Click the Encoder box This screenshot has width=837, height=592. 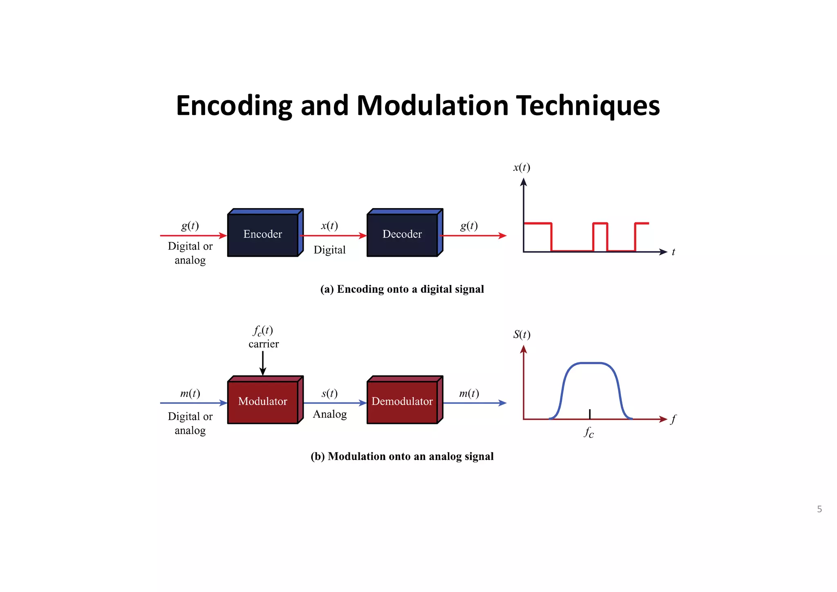point(263,234)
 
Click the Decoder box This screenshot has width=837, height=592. point(402,234)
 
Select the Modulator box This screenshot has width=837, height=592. point(263,401)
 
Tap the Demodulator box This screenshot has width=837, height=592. point(402,401)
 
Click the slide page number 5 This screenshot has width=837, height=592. point(819,509)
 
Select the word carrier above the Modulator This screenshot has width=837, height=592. point(264,344)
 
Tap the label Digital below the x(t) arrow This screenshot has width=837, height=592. point(329,250)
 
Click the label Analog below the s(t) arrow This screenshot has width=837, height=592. point(330,414)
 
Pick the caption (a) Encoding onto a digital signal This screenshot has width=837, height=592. point(402,289)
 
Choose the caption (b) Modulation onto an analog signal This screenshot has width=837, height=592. point(402,456)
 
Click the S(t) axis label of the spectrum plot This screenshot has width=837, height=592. point(522,335)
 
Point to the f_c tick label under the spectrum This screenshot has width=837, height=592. point(589,432)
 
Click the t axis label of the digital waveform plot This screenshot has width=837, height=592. point(674,252)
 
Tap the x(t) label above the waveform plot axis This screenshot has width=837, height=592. point(522,168)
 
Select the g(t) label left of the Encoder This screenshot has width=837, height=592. point(190,226)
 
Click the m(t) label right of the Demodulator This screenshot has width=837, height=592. point(469,393)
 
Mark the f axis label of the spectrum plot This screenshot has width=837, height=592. point(674,419)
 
